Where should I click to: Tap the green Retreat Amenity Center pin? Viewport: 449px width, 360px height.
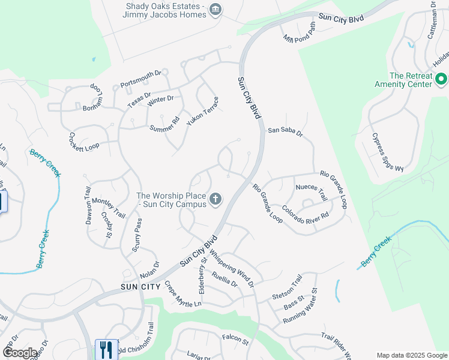click(x=441, y=79)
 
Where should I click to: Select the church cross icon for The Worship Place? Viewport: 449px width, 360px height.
click(x=215, y=199)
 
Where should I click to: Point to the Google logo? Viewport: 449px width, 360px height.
click(x=20, y=353)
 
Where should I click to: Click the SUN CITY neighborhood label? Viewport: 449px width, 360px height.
click(x=141, y=287)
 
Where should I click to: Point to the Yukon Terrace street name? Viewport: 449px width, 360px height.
click(x=202, y=111)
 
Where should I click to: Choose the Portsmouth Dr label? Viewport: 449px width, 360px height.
click(x=141, y=78)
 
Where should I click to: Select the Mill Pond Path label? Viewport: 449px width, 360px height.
click(x=300, y=33)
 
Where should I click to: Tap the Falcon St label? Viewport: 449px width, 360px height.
click(x=235, y=341)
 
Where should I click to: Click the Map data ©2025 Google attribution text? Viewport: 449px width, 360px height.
click(x=411, y=355)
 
